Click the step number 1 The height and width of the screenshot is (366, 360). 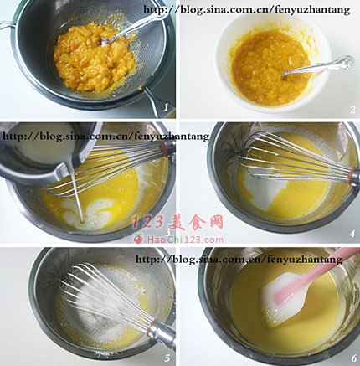point(167,107)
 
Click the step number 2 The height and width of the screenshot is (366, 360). point(352,110)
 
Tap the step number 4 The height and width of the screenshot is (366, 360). point(352,234)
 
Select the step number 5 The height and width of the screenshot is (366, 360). point(167,358)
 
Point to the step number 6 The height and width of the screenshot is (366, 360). point(354,358)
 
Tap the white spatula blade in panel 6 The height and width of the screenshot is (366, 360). point(282,299)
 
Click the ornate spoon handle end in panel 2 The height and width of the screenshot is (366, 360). point(346,62)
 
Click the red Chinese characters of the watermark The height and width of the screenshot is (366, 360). point(177,223)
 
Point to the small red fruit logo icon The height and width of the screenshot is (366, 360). point(138,239)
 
